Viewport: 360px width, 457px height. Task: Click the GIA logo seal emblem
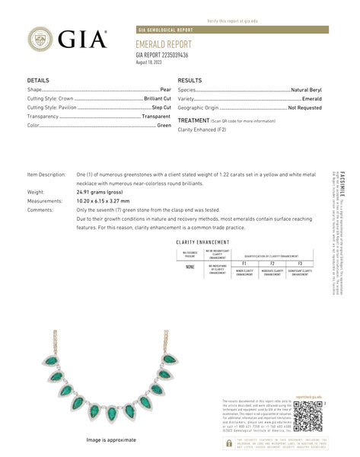pyautogui.click(x=40, y=40)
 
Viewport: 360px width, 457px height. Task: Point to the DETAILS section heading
pyautogui.click(x=38, y=80)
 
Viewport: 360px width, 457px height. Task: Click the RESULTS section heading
pyautogui.click(x=190, y=80)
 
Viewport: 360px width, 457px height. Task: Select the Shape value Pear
pyautogui.click(x=165, y=90)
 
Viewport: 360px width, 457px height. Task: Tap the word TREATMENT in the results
pyautogui.click(x=193, y=120)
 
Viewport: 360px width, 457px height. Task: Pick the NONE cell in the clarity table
pyautogui.click(x=190, y=267)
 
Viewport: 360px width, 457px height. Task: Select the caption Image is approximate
pyautogui.click(x=111, y=439)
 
